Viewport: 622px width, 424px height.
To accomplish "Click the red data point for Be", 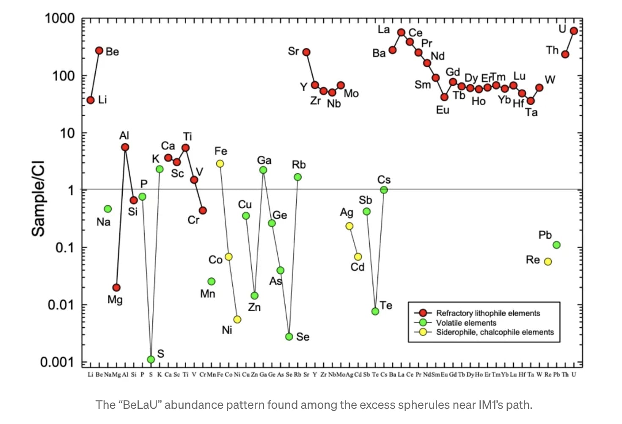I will point(99,51).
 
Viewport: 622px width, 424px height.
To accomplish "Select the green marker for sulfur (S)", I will point(151,359).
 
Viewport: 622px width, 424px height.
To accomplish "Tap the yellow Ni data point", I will point(237,319).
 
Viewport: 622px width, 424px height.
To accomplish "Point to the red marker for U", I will point(574,31).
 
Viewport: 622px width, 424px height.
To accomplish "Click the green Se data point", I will point(289,337).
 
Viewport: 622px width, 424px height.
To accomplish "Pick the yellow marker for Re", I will point(548,262).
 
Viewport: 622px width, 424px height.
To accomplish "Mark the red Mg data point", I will point(116,288).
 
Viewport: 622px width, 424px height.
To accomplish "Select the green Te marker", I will point(375,311).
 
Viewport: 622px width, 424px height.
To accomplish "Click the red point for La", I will point(401,33).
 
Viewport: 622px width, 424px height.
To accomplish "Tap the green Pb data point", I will point(556,245).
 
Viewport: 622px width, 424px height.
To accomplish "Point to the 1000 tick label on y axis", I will point(60,19).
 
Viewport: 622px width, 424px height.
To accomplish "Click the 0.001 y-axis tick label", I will point(57,362).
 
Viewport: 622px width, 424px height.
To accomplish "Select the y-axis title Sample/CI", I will point(38,198).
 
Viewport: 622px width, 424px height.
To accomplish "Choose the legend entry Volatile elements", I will point(466,323).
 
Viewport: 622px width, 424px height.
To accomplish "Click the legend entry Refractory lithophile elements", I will point(488,313).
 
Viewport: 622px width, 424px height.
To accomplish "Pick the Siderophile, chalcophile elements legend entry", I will point(495,332).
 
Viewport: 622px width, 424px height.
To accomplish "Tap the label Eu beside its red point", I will point(443,110).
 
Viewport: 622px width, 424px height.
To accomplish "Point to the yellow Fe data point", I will point(220,163).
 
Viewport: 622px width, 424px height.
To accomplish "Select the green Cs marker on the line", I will point(384,190).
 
